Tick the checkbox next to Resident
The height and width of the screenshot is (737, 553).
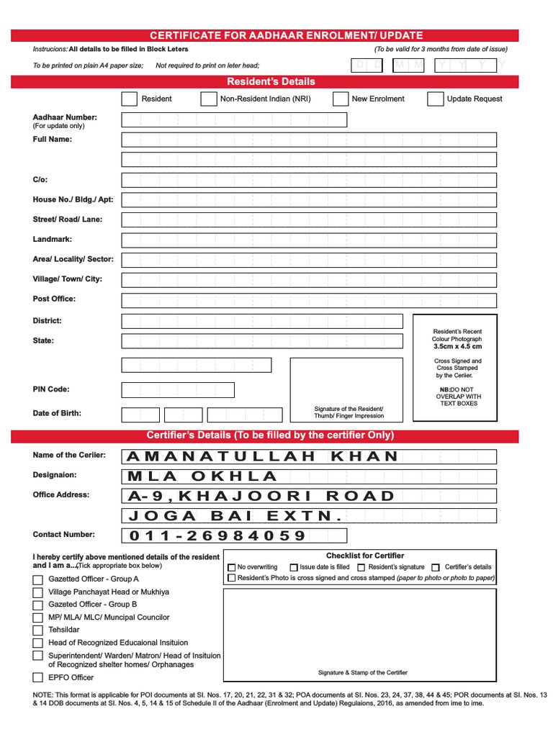(x=130, y=99)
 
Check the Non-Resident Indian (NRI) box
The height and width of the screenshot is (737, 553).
(x=208, y=99)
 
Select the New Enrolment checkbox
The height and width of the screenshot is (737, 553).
(x=341, y=99)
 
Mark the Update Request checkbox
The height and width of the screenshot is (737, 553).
(x=435, y=99)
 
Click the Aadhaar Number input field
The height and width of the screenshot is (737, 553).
(x=234, y=119)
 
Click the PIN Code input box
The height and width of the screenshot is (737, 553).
(x=178, y=390)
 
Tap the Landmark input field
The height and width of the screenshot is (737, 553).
(x=308, y=240)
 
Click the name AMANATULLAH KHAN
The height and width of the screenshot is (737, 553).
(x=262, y=456)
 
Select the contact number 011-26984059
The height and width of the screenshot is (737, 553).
(x=217, y=535)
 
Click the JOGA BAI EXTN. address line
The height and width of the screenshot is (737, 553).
(x=234, y=516)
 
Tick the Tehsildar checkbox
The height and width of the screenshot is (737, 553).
(x=37, y=630)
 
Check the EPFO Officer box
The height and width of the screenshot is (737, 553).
(x=37, y=678)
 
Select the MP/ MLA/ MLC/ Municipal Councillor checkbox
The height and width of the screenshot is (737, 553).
(x=37, y=618)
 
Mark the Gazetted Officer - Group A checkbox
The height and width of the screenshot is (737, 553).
(x=37, y=579)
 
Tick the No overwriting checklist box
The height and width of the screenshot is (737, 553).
(x=231, y=567)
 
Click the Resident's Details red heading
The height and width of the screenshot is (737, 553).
(x=271, y=81)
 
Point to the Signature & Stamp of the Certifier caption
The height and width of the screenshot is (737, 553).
(x=362, y=672)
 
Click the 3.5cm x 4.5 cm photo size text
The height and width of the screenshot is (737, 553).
(x=457, y=346)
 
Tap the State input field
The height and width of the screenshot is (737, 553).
(x=262, y=341)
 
